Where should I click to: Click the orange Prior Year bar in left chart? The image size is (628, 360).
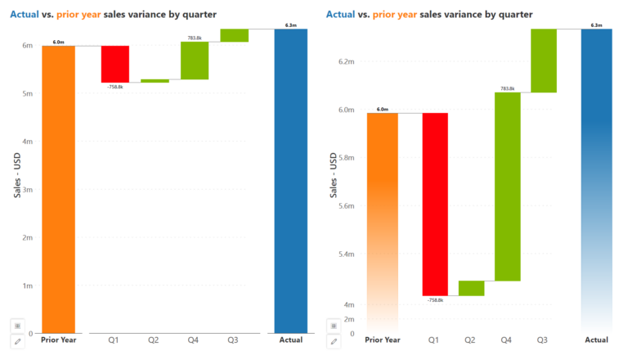coord(58,188)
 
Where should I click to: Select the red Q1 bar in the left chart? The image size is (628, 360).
coord(115,64)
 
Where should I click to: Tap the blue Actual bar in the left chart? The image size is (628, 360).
coord(290,180)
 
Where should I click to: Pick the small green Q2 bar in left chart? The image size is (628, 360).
coord(155,81)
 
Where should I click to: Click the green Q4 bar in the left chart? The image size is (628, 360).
coord(195,61)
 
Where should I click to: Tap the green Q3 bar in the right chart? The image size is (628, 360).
coord(544,61)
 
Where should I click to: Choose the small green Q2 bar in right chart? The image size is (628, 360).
coord(471,288)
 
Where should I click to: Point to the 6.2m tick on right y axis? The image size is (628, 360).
coord(345,62)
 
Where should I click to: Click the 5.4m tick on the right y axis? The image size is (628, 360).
coord(345,254)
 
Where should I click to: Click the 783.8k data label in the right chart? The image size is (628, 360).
coord(507,88)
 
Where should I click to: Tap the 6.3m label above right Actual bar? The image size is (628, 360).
coord(596,25)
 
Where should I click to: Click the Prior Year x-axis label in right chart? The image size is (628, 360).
coord(382,340)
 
